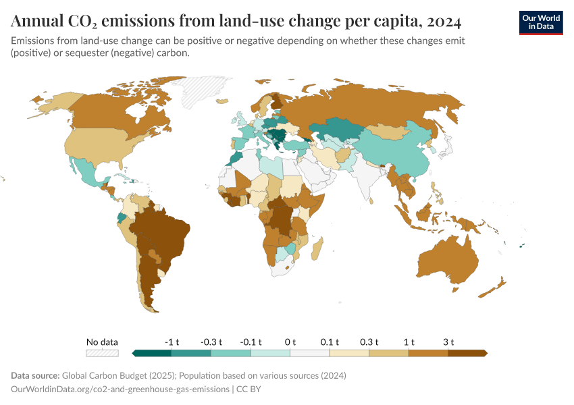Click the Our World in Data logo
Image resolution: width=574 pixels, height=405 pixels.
point(540,22)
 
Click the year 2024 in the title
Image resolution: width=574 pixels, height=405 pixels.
point(443,22)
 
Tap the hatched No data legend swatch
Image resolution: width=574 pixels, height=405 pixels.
point(102,352)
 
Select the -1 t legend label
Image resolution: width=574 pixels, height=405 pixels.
point(172,342)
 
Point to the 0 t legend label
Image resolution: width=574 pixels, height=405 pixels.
point(290,342)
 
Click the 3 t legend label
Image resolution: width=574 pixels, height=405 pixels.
point(448,342)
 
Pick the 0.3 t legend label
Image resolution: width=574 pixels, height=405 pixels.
point(369,342)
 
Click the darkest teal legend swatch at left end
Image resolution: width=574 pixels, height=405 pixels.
point(152,352)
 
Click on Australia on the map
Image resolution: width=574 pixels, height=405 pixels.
point(447,261)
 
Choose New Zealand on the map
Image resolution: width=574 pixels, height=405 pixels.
point(494,288)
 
